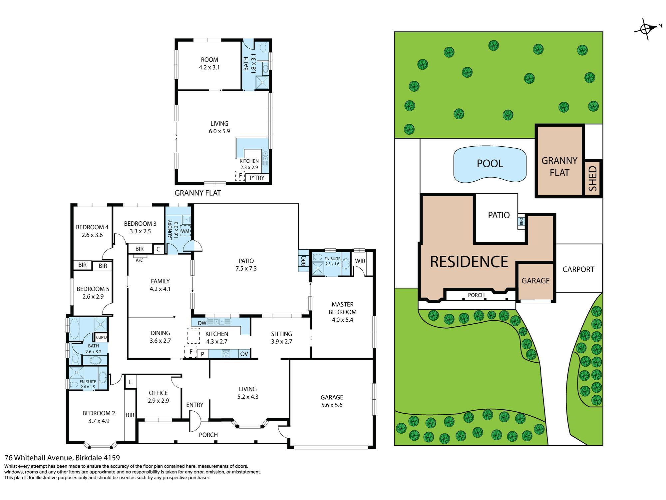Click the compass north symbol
646,29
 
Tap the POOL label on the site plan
490,164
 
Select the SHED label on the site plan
593,178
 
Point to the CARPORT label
578,269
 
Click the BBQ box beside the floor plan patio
303,260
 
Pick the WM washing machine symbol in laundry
185,231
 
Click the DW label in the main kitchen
202,323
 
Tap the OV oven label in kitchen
244,354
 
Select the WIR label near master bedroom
360,261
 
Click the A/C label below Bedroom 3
140,260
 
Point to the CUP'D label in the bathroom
101,337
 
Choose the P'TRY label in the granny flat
257,178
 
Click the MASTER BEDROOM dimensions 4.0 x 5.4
342,320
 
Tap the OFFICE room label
158,393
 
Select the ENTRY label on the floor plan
195,405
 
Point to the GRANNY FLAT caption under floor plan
198,193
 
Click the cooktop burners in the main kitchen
226,354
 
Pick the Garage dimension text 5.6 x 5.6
332,405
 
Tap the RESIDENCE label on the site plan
469,262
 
